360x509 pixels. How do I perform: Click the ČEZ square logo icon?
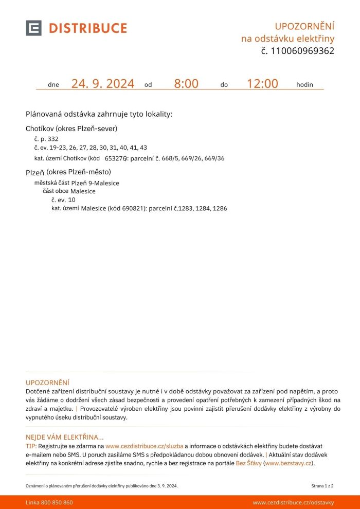point(33,28)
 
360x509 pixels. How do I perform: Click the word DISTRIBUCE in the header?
point(88,28)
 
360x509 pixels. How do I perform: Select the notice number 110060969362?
point(302,51)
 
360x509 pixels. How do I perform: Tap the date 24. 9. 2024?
point(103,84)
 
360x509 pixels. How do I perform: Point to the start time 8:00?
point(186,84)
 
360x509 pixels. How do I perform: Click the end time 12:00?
point(262,84)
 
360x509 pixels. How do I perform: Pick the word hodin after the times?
point(304,85)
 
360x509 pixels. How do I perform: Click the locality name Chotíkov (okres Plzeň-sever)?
point(71,129)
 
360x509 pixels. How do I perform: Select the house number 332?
point(53,139)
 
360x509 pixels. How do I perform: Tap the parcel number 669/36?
point(214,158)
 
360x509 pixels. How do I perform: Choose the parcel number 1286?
point(220,209)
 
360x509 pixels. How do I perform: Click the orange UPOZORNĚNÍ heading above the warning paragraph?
point(47,383)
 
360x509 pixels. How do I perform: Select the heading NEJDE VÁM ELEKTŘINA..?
point(64,437)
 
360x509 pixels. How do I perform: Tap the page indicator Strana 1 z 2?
point(322,485)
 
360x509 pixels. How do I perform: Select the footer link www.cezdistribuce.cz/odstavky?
point(293,502)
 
